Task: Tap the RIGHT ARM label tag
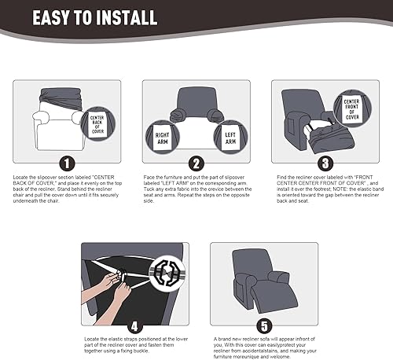pos(163,138)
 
